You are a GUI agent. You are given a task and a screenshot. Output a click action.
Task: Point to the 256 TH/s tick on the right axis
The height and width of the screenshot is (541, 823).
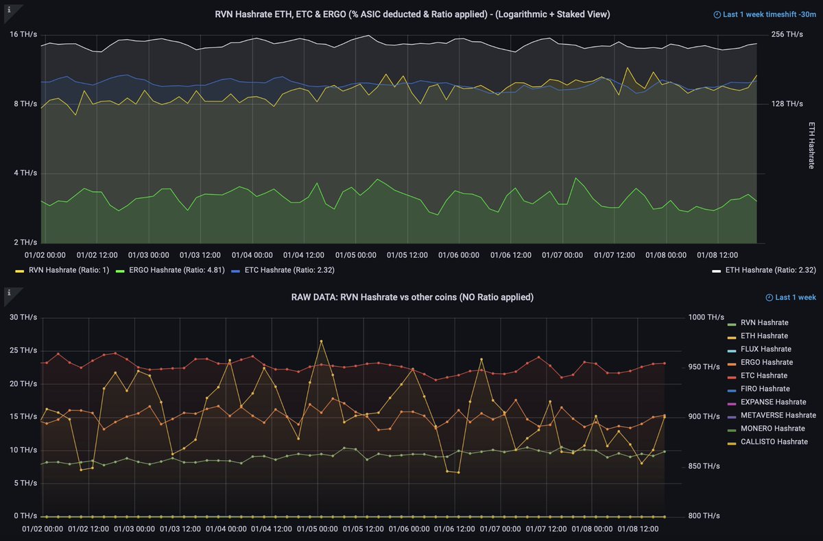[787, 34]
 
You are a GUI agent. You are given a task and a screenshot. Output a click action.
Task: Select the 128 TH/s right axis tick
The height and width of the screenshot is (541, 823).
[787, 104]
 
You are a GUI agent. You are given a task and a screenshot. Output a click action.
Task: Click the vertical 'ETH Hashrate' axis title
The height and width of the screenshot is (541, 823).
[812, 145]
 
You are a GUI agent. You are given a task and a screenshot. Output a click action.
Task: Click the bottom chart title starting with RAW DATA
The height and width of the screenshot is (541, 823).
[412, 297]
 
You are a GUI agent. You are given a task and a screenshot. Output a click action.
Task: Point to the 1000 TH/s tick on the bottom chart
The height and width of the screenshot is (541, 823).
[706, 317]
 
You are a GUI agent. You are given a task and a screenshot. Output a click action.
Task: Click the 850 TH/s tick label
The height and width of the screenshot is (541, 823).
[706, 466]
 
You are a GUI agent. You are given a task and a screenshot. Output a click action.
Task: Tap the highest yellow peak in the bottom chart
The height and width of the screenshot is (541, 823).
[321, 341]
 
